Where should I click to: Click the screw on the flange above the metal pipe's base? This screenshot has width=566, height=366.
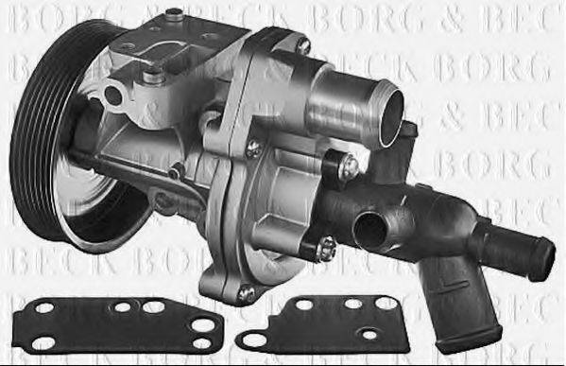coord(302,44)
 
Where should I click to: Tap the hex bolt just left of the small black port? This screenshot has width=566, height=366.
coord(326,248)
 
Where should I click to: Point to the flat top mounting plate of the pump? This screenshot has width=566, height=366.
coord(189,43)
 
